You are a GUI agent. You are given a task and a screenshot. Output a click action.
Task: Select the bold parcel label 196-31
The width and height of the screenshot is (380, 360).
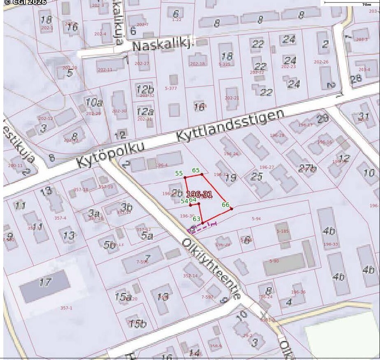point(199,194)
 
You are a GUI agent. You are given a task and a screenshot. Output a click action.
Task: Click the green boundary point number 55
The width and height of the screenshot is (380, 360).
point(179,173)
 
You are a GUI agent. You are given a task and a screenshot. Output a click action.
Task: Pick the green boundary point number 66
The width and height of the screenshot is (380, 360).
point(226,204)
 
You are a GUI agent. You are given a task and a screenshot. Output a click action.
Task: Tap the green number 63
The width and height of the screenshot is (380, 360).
point(196,219)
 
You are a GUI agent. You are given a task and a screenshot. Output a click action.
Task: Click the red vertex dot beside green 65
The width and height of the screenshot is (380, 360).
point(202,174)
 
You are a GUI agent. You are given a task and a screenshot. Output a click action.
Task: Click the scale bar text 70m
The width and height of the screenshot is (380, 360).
point(366,5)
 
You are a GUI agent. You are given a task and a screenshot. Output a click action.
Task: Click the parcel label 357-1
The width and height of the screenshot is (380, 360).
point(66,308)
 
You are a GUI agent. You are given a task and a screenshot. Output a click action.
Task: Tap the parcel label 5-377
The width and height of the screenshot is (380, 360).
point(170,88)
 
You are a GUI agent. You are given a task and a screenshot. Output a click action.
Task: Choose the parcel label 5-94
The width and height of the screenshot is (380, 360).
point(256,219)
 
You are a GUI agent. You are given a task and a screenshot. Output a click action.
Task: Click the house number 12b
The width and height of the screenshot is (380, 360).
point(145,89)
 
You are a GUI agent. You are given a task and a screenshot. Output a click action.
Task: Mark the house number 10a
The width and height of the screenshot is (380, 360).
point(94,102)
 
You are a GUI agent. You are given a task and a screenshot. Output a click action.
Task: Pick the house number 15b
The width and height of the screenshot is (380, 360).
point(138,324)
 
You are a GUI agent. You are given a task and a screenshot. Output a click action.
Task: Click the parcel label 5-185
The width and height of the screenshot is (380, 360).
point(283,231)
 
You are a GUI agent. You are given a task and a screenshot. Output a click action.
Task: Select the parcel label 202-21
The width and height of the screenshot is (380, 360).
point(232,98)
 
